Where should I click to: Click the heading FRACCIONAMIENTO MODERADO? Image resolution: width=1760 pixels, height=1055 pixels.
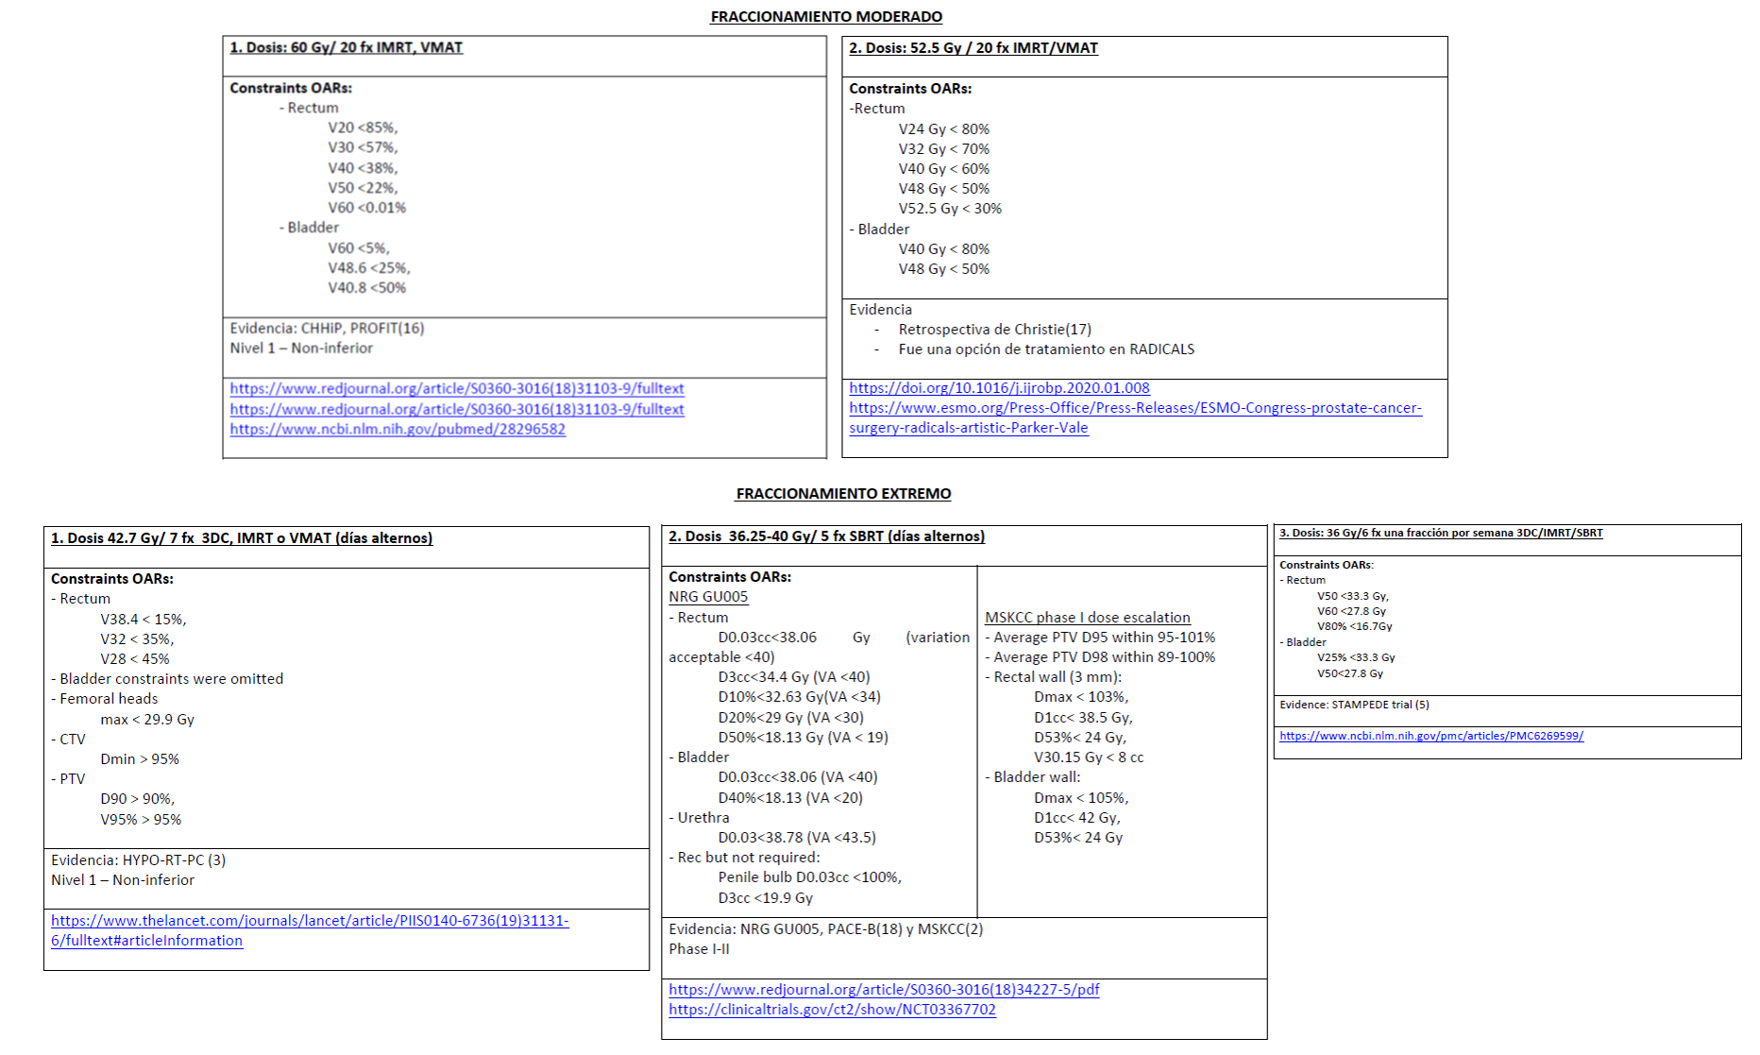pos(826,17)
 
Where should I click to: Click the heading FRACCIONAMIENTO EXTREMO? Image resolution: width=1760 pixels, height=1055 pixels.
pos(843,494)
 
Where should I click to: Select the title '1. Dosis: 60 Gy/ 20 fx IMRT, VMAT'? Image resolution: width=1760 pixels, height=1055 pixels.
pos(346,48)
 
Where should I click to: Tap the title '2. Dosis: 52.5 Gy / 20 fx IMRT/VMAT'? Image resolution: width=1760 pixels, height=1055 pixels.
pos(973,48)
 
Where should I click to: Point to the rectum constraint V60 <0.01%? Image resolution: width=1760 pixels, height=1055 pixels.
pos(366,208)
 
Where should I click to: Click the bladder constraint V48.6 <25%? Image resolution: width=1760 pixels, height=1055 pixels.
pos(368,268)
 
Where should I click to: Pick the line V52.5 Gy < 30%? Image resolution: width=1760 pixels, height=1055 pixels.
pos(950,209)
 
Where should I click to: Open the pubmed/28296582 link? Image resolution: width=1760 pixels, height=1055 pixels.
pos(398,429)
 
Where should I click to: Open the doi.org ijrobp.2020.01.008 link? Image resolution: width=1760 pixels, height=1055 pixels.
pos(999,388)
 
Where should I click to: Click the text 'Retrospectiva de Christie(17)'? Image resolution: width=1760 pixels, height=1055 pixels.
pos(994,330)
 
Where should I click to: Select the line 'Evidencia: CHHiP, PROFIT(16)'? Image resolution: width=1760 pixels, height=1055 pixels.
pos(327,329)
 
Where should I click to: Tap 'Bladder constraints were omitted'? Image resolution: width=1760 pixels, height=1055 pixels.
pos(171,679)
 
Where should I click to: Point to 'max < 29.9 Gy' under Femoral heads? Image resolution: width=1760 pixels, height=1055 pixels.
pos(147,720)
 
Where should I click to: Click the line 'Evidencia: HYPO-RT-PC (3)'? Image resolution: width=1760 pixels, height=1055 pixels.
pos(138,860)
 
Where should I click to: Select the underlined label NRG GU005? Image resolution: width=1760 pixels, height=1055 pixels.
pos(708,597)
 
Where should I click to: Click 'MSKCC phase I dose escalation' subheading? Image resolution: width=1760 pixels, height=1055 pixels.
pos(1087,618)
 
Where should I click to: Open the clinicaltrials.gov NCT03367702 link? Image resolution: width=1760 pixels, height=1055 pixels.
pos(832,1010)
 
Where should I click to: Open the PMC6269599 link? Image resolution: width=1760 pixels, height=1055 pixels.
pos(1430,736)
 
